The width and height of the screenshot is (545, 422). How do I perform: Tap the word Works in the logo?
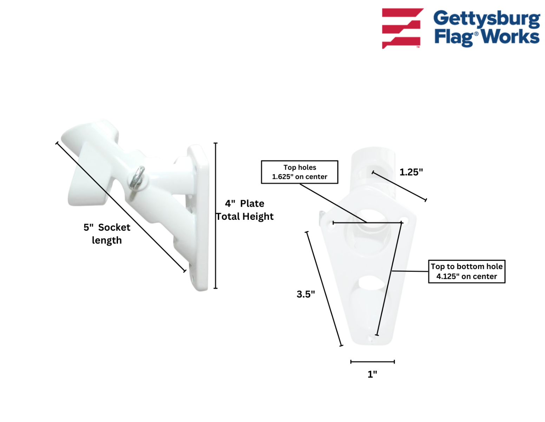pos(510,37)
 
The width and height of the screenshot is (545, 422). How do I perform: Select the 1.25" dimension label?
pos(411,172)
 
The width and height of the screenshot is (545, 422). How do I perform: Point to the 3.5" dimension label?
pos(306,294)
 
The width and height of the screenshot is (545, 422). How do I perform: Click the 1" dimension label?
pos(372,374)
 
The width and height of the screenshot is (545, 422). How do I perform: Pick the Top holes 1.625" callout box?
pos(300,172)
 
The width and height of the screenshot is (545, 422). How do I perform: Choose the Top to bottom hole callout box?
pos(466,271)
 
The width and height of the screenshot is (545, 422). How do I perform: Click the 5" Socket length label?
pos(107,234)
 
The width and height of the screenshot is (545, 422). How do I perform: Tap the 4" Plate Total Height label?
pos(245,210)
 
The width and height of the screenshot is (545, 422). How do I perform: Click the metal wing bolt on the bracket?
pos(137,178)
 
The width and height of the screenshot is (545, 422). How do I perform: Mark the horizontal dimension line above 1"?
pos(373,362)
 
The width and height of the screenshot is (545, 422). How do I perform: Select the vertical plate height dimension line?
pos(216,216)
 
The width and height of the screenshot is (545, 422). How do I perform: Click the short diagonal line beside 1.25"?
pos(399,186)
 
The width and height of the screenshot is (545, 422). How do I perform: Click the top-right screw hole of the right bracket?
pos(404,220)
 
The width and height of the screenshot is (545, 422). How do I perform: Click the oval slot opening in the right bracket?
pos(372,283)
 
